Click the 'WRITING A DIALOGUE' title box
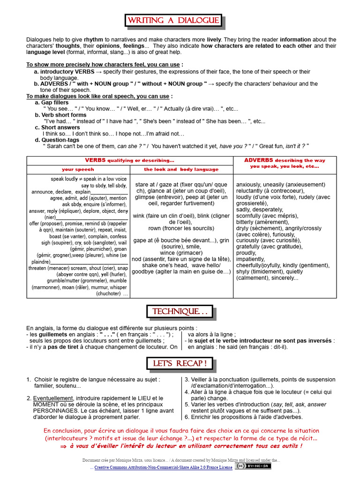click(x=173, y=21)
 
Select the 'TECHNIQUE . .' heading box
click(x=180, y=312)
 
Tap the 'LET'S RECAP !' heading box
click(x=180, y=363)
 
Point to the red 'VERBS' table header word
click(x=95, y=160)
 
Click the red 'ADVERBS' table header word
click(x=259, y=160)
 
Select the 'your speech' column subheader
click(x=78, y=169)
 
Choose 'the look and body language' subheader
click(x=181, y=169)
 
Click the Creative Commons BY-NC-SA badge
click(x=253, y=466)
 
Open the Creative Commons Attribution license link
click(x=163, y=467)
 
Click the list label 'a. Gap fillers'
click(x=52, y=102)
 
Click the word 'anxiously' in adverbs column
click(x=249, y=185)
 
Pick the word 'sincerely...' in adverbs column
click(x=283, y=277)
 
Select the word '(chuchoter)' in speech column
click(x=109, y=294)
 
